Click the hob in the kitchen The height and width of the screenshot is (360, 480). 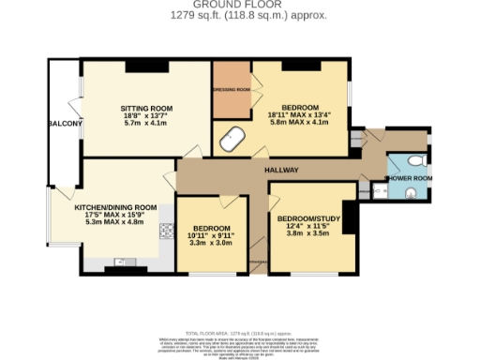166,230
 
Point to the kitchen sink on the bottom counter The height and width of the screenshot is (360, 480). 121,262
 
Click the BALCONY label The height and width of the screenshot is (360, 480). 67,124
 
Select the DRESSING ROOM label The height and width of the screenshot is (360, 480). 231,89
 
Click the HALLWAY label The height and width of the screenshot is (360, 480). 279,170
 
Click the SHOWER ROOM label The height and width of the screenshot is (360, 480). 409,178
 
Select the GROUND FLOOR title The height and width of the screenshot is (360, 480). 240,6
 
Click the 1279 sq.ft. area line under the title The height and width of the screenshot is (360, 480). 240,15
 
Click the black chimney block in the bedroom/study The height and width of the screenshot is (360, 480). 348,217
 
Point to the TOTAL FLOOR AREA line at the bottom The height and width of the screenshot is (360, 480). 240,332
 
